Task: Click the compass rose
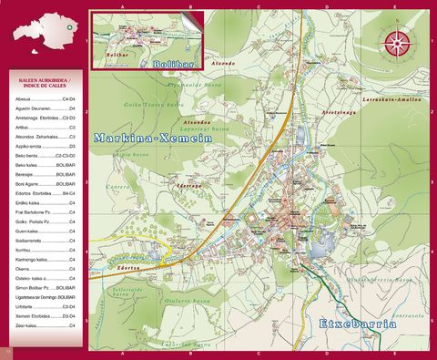(x=396, y=42)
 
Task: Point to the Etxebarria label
(x=358, y=324)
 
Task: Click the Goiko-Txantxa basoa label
(x=171, y=107)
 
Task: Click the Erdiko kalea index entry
(x=29, y=202)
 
